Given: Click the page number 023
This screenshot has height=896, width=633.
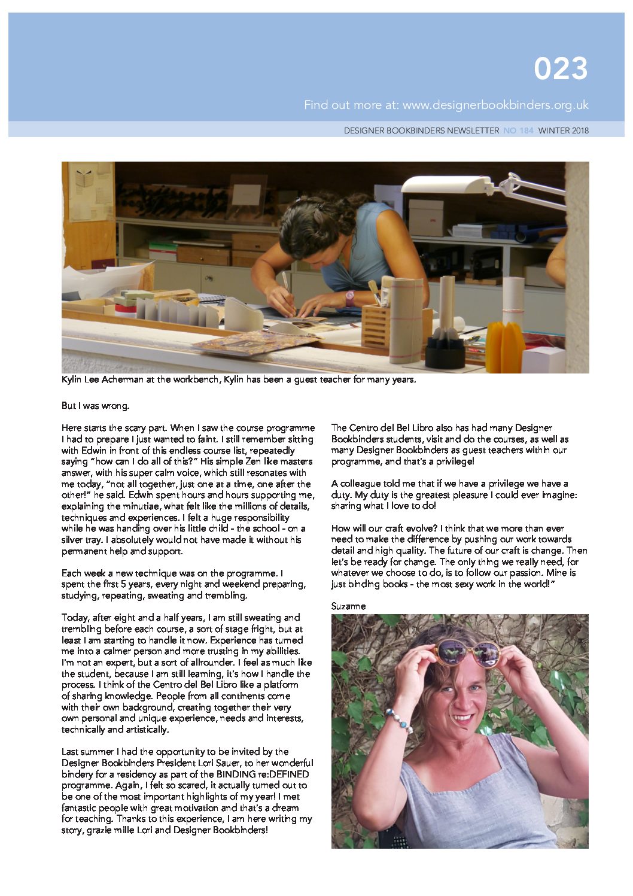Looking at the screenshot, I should pos(561,69).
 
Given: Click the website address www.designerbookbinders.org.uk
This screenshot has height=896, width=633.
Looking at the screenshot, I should pos(495,105).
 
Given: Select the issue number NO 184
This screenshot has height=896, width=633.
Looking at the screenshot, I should pos(518,130).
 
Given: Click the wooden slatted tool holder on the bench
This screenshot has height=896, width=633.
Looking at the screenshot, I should pos(376,326).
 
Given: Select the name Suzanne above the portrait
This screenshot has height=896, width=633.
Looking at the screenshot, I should pos(348,606).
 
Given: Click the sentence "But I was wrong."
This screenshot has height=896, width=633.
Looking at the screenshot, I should pos(95,406).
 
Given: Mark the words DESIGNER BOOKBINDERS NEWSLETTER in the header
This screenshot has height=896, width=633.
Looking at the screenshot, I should pos(421,130).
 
